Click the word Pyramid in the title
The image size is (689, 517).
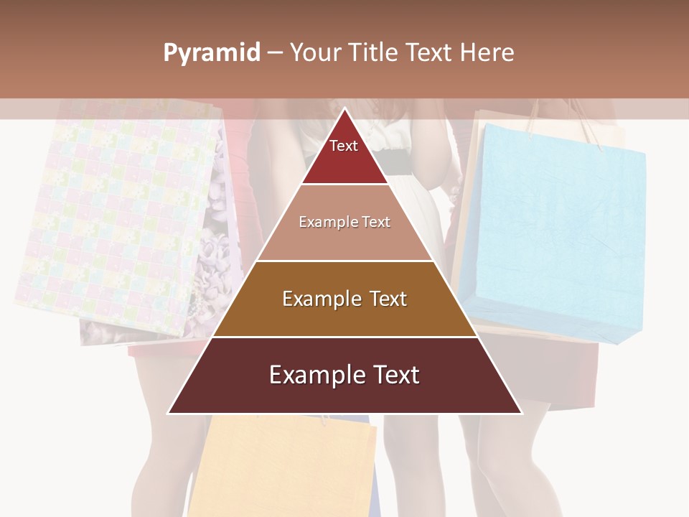click(212, 53)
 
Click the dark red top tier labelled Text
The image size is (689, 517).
click(344, 154)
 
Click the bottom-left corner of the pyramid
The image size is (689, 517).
click(170, 413)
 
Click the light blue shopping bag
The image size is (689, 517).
click(553, 230)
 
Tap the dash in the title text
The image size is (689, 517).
click(274, 53)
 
